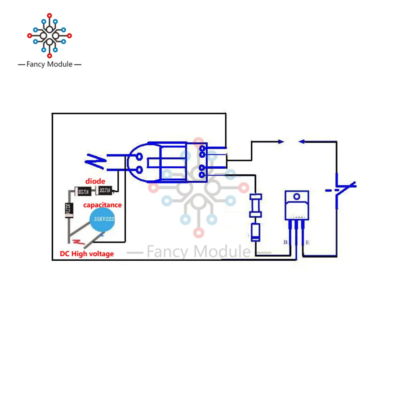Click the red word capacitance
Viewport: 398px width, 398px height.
[102, 205]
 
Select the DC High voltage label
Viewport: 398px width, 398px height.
[87, 254]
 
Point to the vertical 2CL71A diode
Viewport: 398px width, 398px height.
[68, 209]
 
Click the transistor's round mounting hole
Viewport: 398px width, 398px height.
[296, 197]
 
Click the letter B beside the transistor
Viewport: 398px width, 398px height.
[285, 242]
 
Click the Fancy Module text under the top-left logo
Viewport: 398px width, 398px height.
[49, 64]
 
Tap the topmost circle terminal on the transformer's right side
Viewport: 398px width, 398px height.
[203, 148]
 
